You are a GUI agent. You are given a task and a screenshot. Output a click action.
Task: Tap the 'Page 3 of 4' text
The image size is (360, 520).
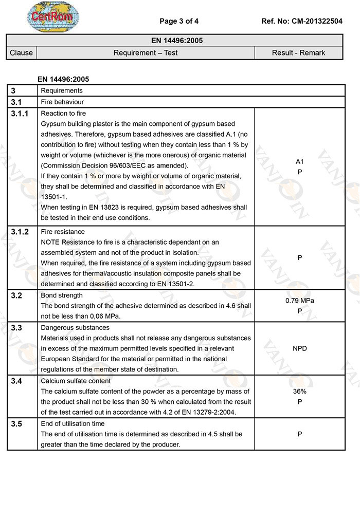point(179,21)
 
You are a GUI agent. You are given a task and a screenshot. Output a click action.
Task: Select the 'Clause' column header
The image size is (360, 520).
point(21,52)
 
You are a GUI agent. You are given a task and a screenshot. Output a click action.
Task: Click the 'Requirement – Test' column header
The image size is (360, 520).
point(146,52)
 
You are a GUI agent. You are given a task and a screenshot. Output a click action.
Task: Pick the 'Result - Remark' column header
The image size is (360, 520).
point(299,52)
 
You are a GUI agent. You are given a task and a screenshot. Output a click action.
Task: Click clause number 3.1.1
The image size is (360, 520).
point(20,114)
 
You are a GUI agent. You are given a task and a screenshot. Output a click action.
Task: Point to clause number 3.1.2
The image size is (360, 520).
point(20,232)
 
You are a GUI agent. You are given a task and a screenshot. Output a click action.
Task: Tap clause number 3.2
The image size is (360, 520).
point(16,296)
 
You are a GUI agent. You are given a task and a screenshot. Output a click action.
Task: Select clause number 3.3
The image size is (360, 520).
point(16,328)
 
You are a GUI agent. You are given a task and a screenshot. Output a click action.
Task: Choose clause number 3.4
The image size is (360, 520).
point(16,381)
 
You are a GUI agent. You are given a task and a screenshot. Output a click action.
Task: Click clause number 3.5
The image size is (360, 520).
point(16,424)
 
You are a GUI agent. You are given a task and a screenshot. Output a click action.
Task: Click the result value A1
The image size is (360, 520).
point(300,161)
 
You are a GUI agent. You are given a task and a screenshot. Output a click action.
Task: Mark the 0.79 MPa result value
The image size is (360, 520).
point(299,301)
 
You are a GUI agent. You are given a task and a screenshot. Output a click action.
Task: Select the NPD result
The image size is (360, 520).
point(299,348)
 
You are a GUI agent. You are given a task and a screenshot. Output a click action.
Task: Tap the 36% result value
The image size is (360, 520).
point(299,391)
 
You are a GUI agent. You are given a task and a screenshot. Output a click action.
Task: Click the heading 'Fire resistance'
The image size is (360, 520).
point(62,232)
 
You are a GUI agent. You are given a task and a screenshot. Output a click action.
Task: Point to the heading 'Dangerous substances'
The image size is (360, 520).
point(75,328)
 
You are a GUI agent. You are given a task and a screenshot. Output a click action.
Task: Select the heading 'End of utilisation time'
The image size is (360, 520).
point(73,424)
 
